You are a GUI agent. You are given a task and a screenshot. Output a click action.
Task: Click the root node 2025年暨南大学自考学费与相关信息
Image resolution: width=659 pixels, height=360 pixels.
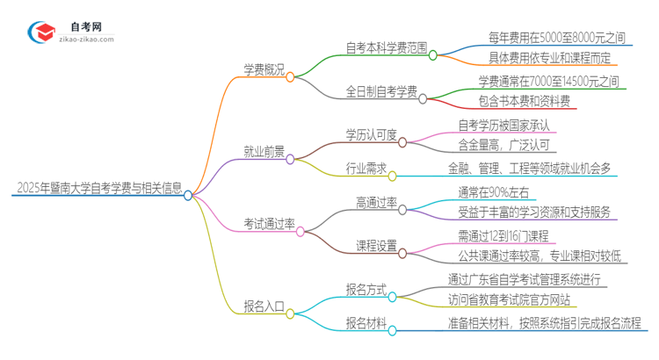click(98, 188)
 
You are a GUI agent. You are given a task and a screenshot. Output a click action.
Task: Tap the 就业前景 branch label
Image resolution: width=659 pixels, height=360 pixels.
click(264, 151)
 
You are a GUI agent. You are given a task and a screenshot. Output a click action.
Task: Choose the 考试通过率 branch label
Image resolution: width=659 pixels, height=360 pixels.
click(268, 224)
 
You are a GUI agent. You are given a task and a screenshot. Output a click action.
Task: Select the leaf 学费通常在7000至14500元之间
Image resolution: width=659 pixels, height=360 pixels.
click(548, 81)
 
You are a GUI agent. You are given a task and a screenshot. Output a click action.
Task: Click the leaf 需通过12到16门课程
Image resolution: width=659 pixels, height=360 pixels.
click(503, 236)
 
